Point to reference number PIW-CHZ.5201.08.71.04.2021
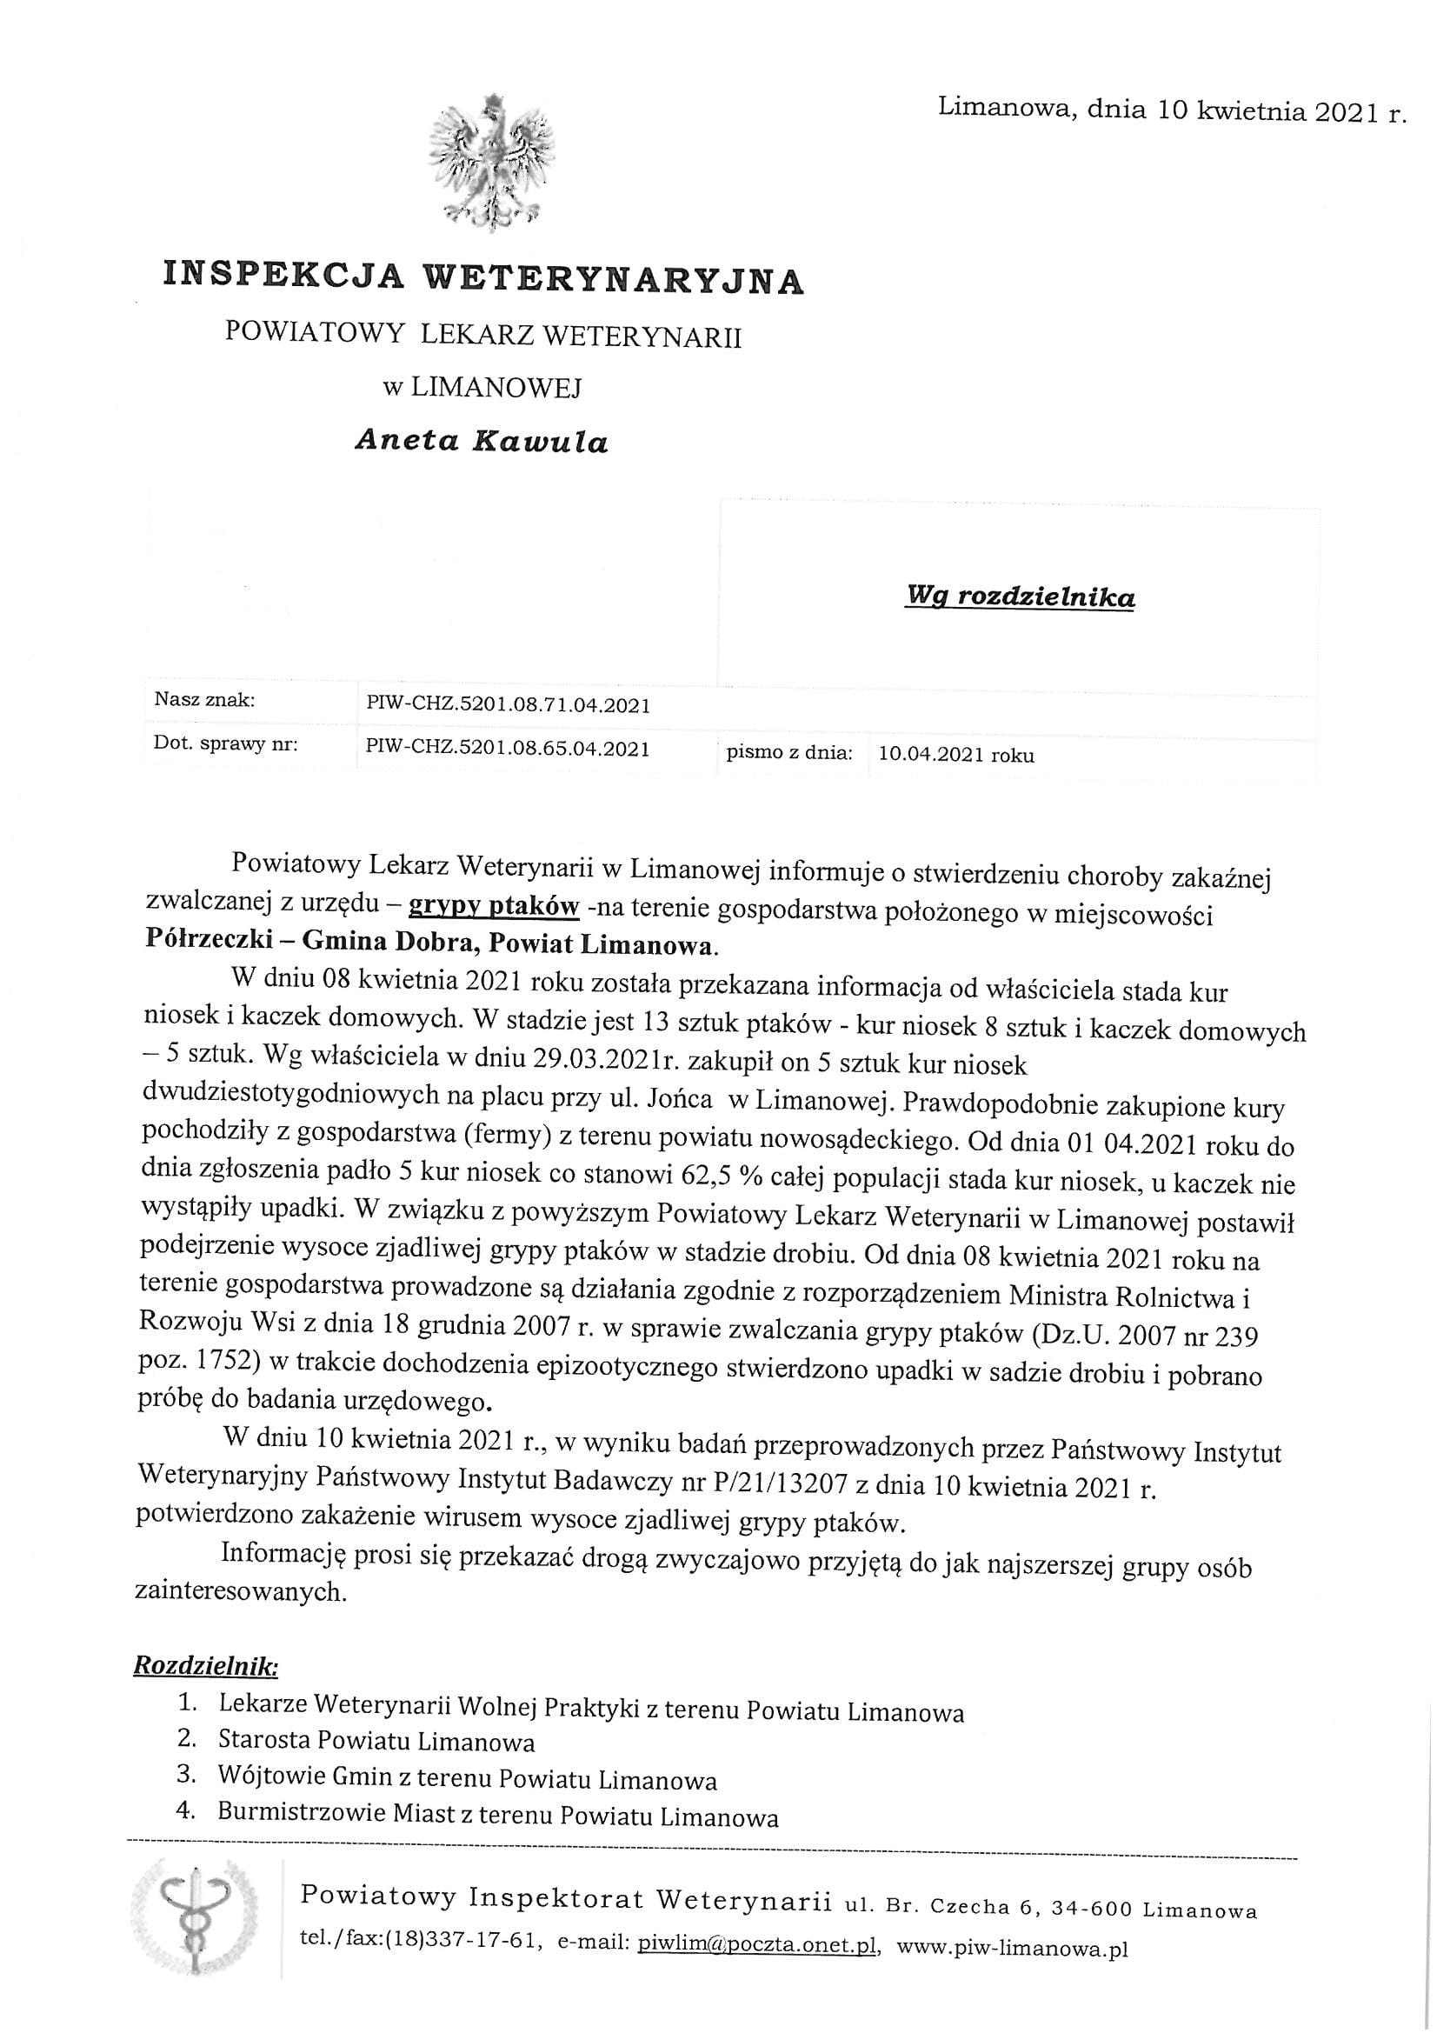coord(508,706)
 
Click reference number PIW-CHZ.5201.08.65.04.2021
coord(508,749)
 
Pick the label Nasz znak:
coord(204,700)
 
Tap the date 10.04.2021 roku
coord(955,756)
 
